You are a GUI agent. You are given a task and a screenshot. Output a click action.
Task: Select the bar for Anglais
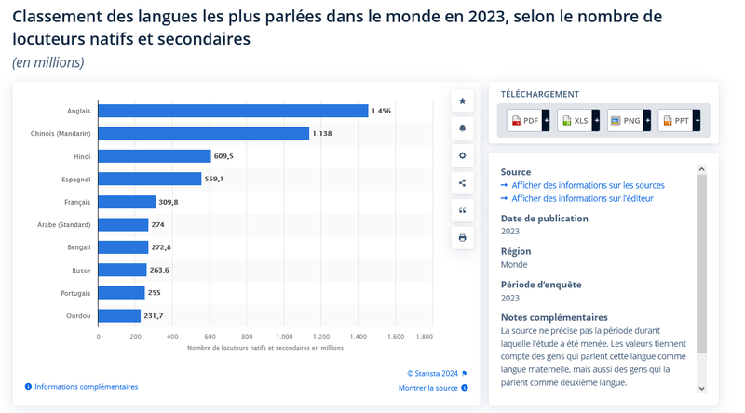[x=233, y=111]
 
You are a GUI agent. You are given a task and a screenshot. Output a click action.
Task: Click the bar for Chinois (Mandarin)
[x=203, y=133]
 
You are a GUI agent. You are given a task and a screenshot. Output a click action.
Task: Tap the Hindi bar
[x=155, y=156]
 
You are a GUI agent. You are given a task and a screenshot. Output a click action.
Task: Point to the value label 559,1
[x=214, y=179]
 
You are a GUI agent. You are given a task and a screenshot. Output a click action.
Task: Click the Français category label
[x=77, y=202]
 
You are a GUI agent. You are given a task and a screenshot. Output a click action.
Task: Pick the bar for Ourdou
[x=119, y=316]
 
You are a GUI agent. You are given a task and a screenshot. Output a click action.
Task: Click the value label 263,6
[x=160, y=271]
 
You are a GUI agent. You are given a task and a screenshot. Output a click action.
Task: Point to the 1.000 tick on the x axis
[x=285, y=336]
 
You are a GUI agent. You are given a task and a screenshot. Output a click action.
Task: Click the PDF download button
[x=528, y=120]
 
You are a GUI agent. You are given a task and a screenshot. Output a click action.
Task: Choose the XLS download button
[x=578, y=120]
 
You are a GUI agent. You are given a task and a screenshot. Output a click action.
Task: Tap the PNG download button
[x=629, y=120]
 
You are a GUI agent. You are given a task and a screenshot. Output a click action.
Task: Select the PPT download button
[x=679, y=120]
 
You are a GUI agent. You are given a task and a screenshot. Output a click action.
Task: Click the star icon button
[x=462, y=100]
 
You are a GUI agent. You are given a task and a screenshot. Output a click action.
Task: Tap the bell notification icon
[x=462, y=128]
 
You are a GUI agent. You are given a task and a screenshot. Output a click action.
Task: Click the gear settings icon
[x=462, y=155]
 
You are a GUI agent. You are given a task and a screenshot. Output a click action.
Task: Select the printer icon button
[x=462, y=238]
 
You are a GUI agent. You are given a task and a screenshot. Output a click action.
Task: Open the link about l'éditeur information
[x=582, y=198]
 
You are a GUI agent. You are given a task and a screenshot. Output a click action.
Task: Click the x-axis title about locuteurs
[x=265, y=348]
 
